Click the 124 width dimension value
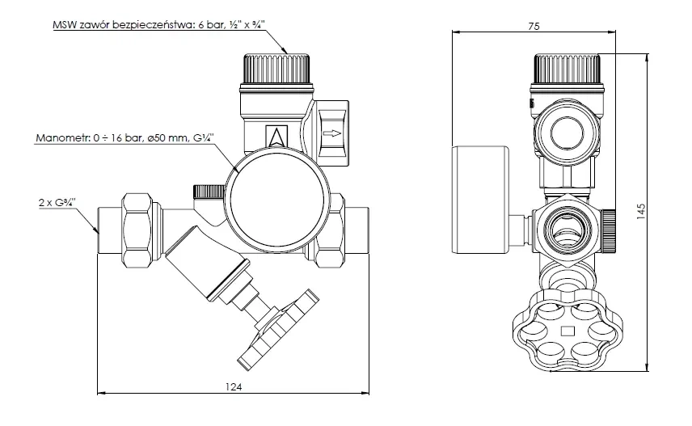pos(234,386)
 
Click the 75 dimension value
pos(534,27)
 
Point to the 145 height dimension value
pos(641,212)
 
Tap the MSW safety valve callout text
pos(159,25)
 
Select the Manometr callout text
pos(124,138)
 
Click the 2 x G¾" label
pos(57,203)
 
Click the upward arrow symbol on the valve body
pos(277,136)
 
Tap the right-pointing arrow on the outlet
pos(331,133)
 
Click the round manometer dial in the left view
pos(277,200)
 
